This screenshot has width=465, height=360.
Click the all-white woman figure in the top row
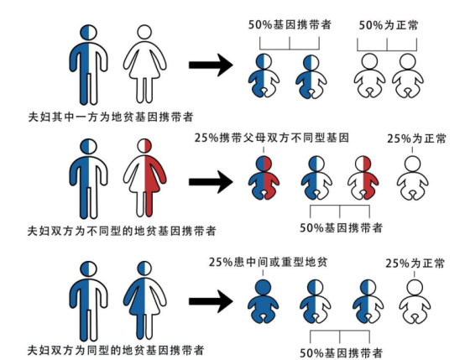click(144, 65)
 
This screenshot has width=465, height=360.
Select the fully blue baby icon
click(263, 301)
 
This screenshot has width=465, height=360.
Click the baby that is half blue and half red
click(264, 178)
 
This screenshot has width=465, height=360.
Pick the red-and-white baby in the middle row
click(363, 178)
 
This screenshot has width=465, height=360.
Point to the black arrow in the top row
click(211, 65)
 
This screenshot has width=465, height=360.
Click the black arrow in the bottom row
click(211, 301)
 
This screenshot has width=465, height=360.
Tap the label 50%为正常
click(388, 25)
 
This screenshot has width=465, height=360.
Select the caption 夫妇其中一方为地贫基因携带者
click(111, 117)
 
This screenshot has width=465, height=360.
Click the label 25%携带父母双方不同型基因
click(272, 138)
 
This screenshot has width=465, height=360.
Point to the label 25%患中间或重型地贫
click(268, 262)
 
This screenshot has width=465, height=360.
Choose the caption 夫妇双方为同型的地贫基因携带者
click(116, 350)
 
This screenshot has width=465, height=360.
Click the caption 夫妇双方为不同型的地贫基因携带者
click(122, 231)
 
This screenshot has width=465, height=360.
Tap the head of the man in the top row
click(88, 33)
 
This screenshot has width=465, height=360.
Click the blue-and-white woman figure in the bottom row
click(144, 300)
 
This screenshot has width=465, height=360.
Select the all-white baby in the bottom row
click(415, 301)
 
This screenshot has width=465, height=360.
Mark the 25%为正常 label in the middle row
click(416, 138)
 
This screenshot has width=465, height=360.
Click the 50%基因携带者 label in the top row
click(290, 24)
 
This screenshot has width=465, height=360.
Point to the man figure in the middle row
click(88, 179)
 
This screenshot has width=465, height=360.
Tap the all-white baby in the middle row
click(412, 178)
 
